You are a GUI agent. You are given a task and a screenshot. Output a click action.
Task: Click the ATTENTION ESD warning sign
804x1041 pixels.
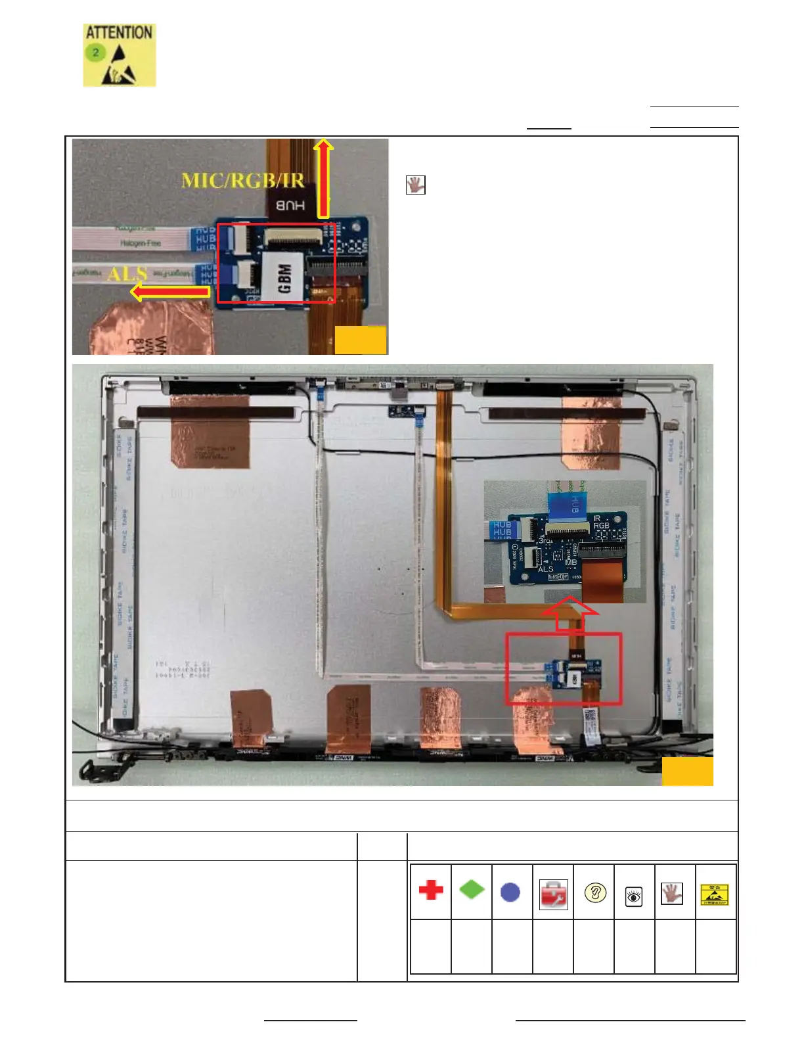point(120,55)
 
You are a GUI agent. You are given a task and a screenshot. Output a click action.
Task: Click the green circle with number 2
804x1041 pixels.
point(96,52)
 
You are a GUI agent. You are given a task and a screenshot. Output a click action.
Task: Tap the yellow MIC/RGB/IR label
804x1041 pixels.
point(242,180)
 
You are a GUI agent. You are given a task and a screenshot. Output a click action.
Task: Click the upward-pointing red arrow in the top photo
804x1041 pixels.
point(323,178)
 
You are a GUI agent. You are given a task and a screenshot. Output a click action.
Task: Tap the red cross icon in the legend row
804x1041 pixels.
point(431,891)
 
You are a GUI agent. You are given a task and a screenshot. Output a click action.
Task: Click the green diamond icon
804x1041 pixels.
point(471,890)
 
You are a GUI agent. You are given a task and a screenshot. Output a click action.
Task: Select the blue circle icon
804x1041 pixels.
point(510,892)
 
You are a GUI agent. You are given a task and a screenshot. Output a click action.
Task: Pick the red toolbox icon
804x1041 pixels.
point(553,894)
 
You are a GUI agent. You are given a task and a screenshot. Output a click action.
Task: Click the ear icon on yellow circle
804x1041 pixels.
point(595,893)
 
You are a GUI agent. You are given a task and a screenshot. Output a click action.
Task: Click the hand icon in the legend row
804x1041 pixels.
point(672,893)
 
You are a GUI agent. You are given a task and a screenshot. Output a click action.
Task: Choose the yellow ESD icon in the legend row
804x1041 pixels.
point(715,894)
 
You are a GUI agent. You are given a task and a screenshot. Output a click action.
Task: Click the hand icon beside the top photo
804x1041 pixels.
point(416,185)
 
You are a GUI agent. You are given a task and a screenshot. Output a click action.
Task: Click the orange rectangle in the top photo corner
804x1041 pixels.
point(361,340)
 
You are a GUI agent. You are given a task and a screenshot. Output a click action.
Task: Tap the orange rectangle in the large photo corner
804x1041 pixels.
point(687,772)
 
